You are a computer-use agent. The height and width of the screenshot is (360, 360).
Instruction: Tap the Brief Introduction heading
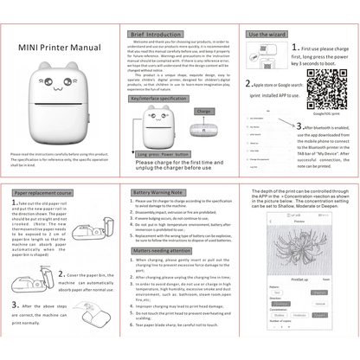click(x=155, y=35)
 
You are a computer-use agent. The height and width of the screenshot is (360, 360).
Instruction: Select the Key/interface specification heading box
click(x=158, y=99)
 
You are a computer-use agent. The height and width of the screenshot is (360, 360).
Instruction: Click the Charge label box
click(x=203, y=112)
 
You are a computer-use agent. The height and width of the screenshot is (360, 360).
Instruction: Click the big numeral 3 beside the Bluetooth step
click(x=299, y=126)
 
